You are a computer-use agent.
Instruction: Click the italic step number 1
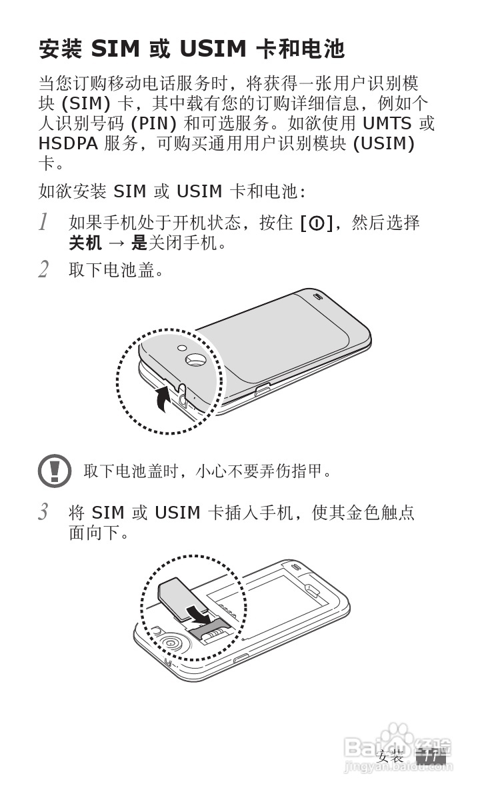pyautogui.click(x=43, y=223)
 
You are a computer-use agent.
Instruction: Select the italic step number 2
pyautogui.click(x=43, y=270)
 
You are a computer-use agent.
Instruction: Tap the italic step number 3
pyautogui.click(x=43, y=513)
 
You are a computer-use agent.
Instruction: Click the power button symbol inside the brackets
pyautogui.click(x=317, y=224)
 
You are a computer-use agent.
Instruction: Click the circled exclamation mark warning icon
pyautogui.click(x=55, y=471)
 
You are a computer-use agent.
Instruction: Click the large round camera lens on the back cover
pyautogui.click(x=197, y=359)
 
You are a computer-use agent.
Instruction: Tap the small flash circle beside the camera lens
pyautogui.click(x=181, y=347)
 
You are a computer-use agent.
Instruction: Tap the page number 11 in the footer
pyautogui.click(x=430, y=757)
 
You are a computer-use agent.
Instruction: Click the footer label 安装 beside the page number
pyautogui.click(x=391, y=757)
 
